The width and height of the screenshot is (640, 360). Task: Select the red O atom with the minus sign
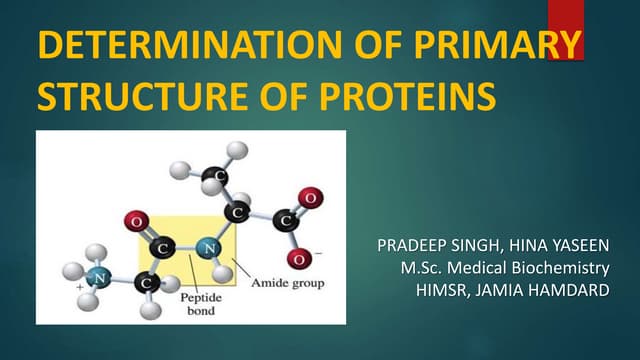tap(297, 258)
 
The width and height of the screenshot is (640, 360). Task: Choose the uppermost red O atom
tap(309, 197)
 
